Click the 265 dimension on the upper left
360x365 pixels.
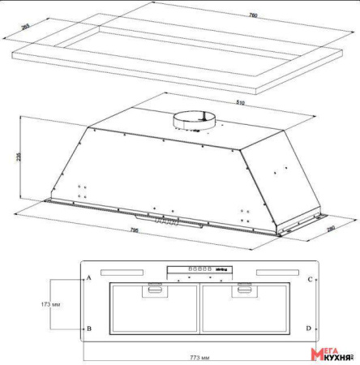pos(25,26)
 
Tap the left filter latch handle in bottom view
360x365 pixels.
pos(152,288)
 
